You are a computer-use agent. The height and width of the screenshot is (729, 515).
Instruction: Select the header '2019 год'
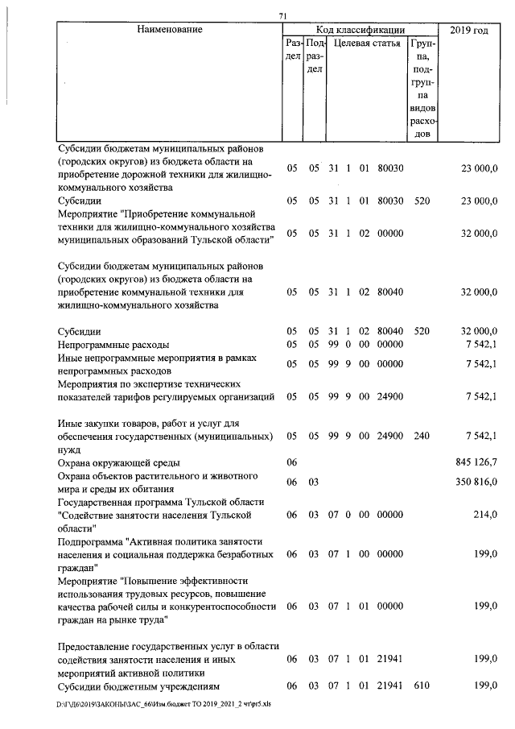pos(469,30)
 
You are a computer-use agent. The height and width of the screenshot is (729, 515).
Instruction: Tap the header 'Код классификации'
pos(360,30)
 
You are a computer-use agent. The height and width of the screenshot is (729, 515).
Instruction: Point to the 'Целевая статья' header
pos(367,43)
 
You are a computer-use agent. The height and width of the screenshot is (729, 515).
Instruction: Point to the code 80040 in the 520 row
pos(390,331)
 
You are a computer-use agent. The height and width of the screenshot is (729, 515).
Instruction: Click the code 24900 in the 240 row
pos(390,436)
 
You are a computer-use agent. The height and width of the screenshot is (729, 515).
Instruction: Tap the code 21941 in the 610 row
pos(390,686)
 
